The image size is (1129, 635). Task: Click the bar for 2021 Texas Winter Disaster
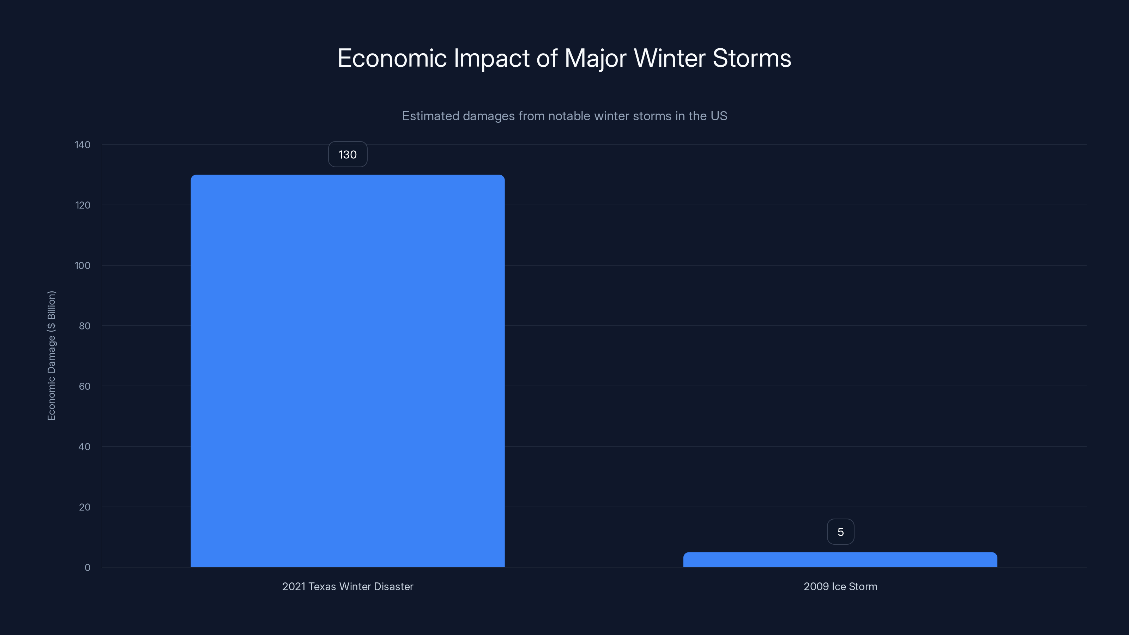click(348, 371)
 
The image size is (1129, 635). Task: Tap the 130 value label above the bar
click(348, 154)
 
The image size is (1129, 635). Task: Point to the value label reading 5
click(840, 532)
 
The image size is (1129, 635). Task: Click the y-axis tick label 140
click(83, 145)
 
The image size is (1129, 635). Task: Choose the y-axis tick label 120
click(83, 205)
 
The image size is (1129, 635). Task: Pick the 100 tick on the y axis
click(83, 266)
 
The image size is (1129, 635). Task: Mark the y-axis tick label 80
click(85, 326)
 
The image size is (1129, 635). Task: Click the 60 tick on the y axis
click(85, 386)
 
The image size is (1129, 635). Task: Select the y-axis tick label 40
click(85, 447)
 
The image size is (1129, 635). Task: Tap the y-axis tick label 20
click(85, 507)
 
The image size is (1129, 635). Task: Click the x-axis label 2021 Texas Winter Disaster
click(348, 586)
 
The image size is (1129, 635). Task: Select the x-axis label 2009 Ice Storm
click(840, 586)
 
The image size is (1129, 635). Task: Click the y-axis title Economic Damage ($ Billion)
click(51, 355)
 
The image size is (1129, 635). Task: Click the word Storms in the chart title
click(751, 58)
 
